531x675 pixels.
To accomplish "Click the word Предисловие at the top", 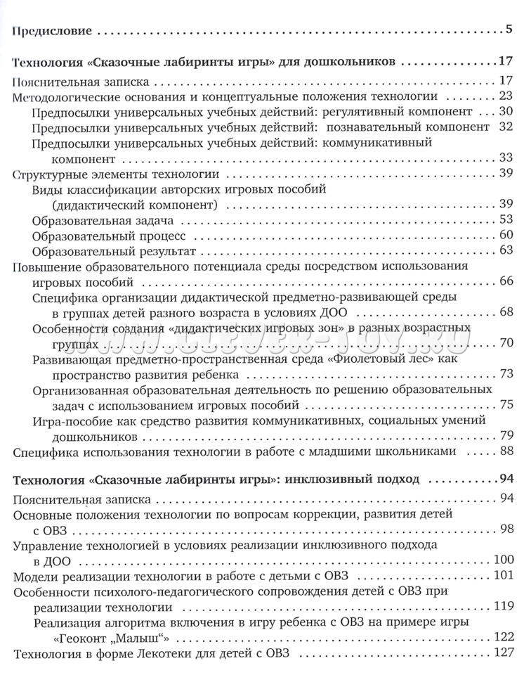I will (55, 31).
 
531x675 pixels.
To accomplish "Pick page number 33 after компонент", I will (508, 157).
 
